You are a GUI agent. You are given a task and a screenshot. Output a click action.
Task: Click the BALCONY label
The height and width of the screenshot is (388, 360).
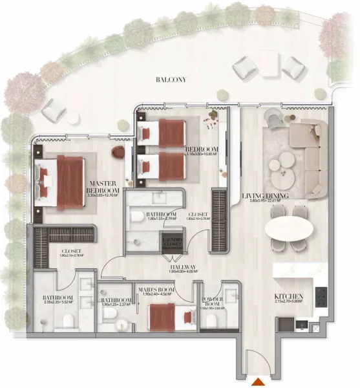[x=171, y=80]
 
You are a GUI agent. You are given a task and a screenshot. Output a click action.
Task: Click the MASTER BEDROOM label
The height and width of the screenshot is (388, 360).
[x=103, y=187]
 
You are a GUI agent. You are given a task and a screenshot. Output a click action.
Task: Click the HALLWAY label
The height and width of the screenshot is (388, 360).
[x=183, y=266]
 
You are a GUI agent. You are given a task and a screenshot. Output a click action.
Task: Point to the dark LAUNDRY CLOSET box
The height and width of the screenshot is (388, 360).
[x=173, y=244]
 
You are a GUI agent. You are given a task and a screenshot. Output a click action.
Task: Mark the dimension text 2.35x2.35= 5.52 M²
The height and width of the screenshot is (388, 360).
[x=56, y=302]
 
